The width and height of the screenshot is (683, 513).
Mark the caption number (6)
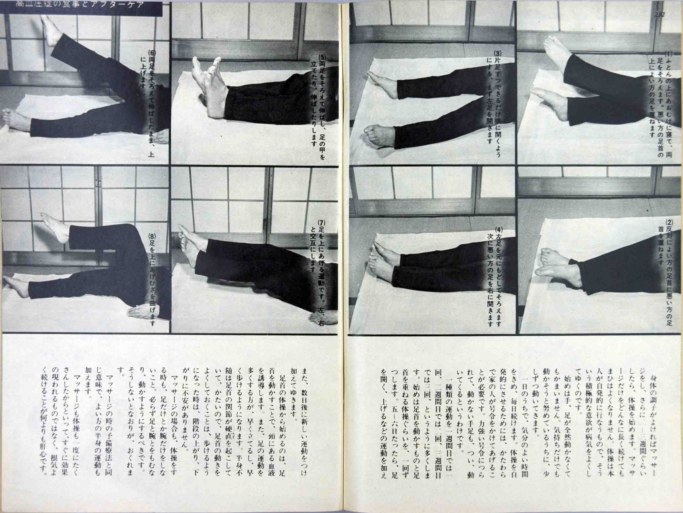tap(151, 52)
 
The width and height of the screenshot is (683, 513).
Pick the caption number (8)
tap(151, 236)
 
